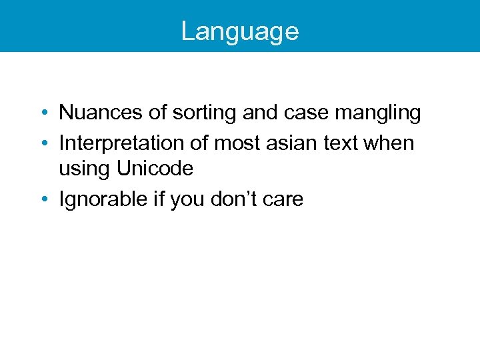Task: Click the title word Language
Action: [239, 31]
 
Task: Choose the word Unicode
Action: [155, 169]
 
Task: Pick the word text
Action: [338, 143]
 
